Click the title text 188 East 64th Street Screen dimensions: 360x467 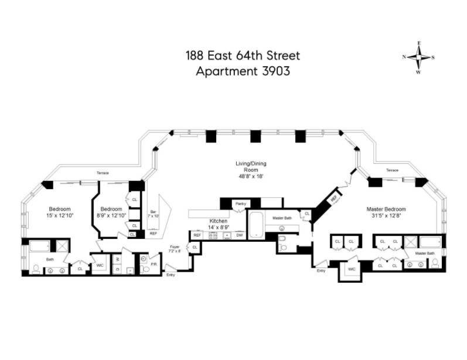click(x=242, y=56)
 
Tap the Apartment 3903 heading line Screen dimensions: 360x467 click(x=242, y=71)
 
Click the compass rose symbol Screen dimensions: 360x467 click(x=419, y=57)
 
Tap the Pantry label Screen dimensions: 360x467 click(x=239, y=204)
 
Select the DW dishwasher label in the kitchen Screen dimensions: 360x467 click(x=239, y=235)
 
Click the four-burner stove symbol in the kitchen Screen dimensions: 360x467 click(x=213, y=235)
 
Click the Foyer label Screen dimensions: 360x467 click(x=175, y=246)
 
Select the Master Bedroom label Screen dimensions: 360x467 click(x=386, y=209)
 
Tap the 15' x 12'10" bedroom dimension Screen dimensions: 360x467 click(x=60, y=216)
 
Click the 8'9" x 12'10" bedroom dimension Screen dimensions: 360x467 click(x=111, y=216)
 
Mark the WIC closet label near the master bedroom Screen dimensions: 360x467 click(x=352, y=269)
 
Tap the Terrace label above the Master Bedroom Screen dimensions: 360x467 click(x=392, y=170)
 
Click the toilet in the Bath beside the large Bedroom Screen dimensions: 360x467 click(x=36, y=269)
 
